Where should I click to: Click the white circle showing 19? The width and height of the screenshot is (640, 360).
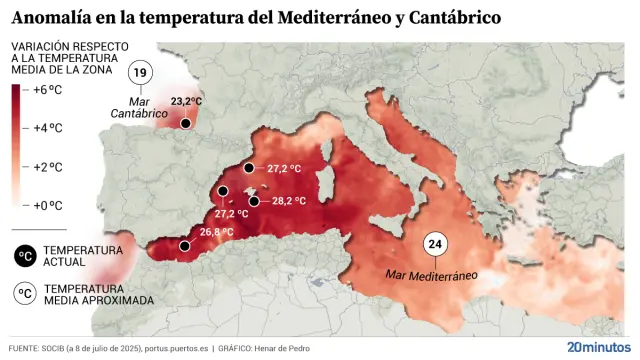click(x=142, y=74)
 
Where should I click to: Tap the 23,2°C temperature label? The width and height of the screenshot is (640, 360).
click(x=186, y=102)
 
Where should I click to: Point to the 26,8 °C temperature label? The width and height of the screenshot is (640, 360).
click(x=217, y=232)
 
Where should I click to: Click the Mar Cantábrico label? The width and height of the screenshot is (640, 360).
click(x=139, y=108)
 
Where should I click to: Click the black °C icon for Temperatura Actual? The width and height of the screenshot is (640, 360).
click(x=23, y=256)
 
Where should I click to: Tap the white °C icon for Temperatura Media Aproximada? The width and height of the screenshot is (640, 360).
click(x=23, y=294)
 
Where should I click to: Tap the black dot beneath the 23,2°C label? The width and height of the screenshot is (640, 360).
click(x=186, y=121)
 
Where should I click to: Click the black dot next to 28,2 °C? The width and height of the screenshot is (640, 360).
click(x=255, y=201)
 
